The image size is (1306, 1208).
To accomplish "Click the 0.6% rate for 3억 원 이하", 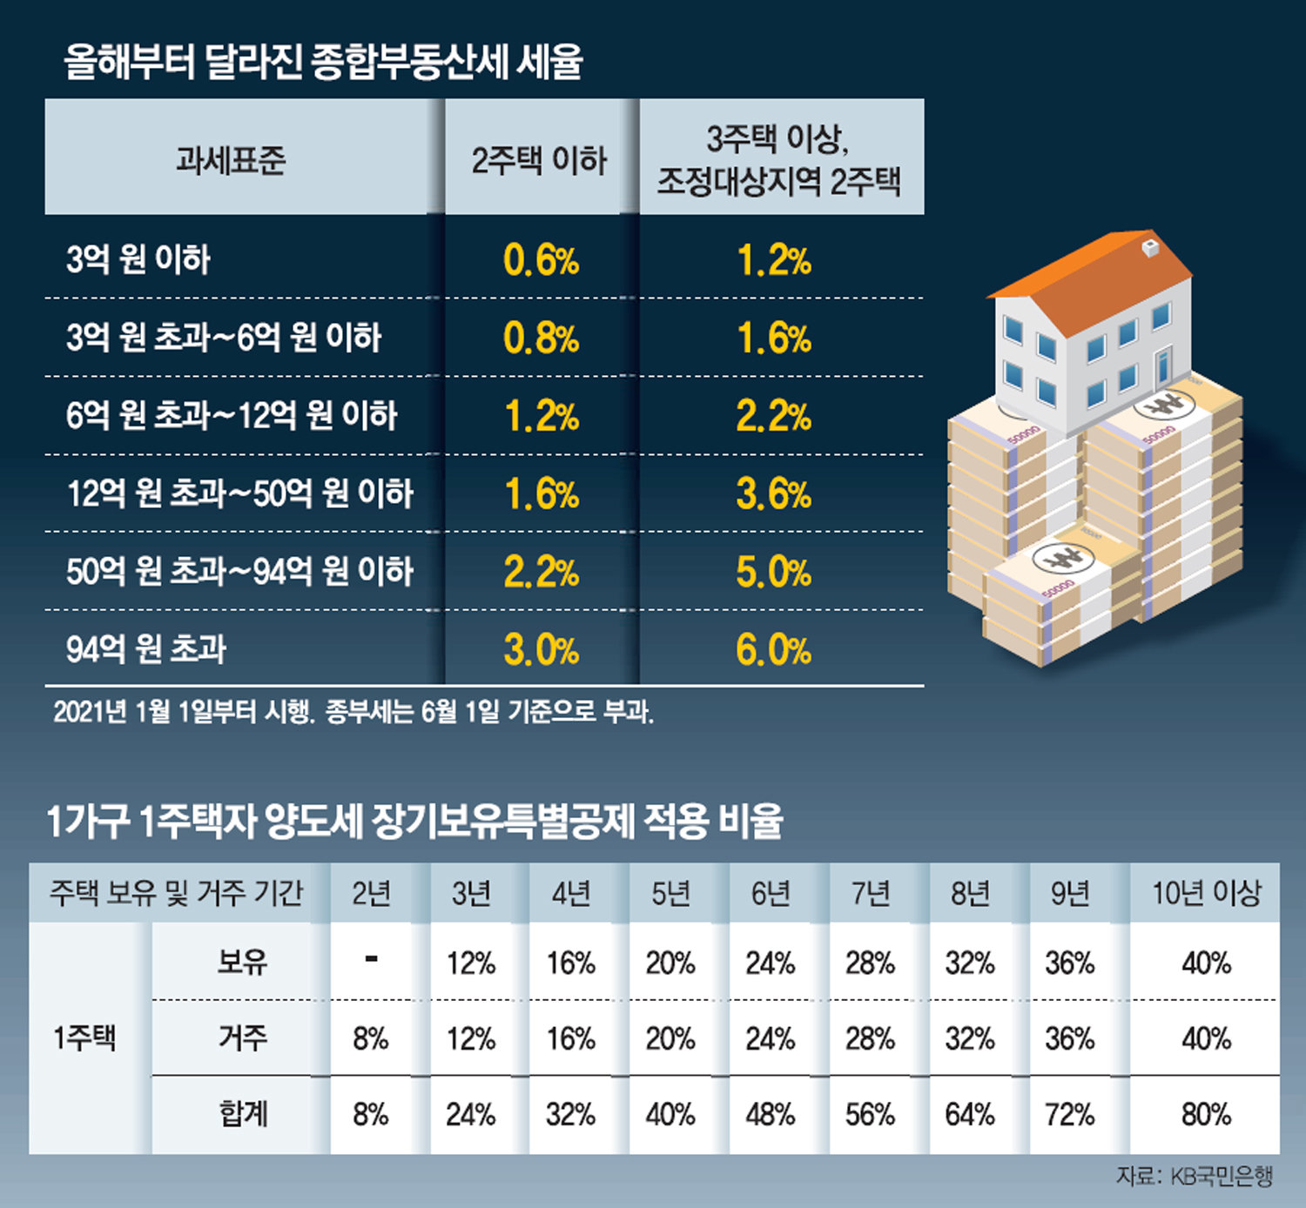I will tap(541, 260).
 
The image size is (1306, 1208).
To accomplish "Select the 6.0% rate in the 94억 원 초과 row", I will tap(773, 650).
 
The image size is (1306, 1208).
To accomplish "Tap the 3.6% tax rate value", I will tap(773, 494).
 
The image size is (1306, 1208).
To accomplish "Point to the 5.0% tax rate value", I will tap(773, 572).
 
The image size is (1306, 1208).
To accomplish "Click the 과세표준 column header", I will tap(231, 159).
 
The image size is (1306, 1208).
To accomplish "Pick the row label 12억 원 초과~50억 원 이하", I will tap(239, 493).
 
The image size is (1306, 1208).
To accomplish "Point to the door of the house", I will tap(1163, 366).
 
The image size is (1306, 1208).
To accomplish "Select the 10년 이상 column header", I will tap(1206, 893).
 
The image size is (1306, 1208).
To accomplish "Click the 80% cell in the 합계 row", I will tap(1206, 1115).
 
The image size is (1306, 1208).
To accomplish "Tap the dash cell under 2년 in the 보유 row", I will tap(372, 960).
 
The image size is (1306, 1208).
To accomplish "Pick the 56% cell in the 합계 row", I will tap(870, 1115).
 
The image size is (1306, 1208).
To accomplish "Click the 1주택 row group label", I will tap(84, 1038).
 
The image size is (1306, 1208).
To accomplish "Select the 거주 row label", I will tap(242, 1037).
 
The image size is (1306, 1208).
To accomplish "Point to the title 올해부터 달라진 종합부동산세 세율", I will tap(323, 62).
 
